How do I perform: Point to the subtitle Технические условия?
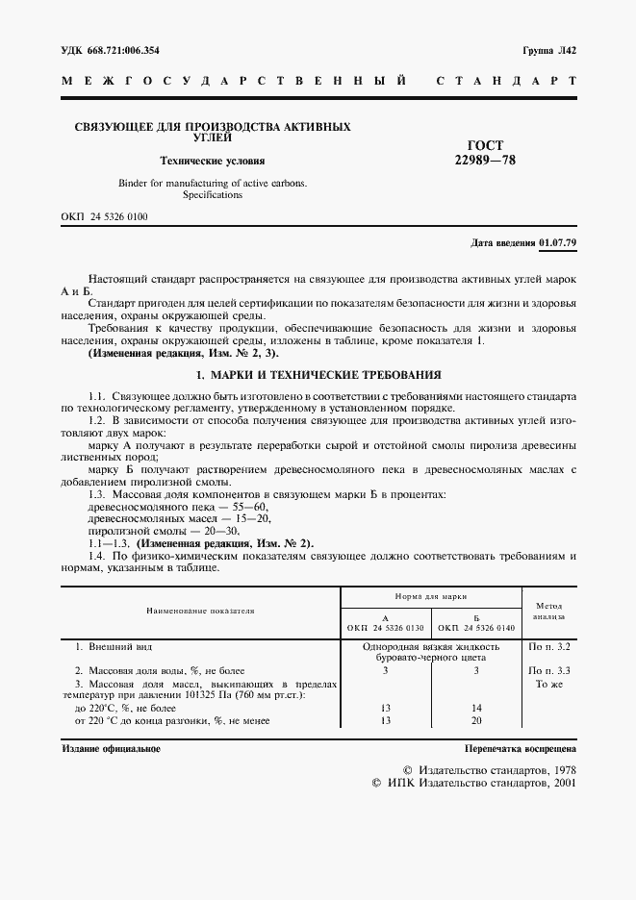pos(212,162)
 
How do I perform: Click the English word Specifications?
pos(213,195)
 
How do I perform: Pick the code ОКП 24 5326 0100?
pos(104,217)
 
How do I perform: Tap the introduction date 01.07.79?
pos(558,242)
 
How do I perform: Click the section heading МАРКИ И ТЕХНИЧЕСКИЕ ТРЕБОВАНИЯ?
pos(318,374)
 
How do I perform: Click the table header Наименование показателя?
pos(200,611)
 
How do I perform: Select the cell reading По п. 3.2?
pos(551,647)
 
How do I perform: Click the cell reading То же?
pos(551,684)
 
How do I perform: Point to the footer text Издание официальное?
pos(111,748)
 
